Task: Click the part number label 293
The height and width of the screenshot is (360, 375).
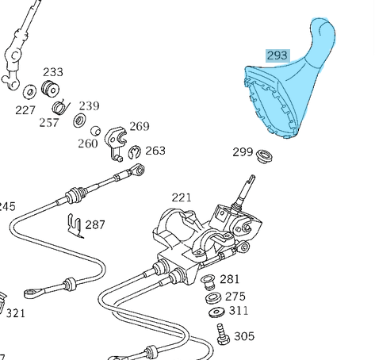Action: coord(277,56)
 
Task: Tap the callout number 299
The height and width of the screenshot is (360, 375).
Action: coord(243,152)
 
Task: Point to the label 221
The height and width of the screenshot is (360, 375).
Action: coord(182,197)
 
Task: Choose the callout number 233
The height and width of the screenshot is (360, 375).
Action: coord(53,72)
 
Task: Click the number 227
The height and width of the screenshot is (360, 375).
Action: coord(25,110)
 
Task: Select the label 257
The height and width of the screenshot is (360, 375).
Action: coord(49,122)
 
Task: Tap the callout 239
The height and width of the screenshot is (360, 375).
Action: coord(89,105)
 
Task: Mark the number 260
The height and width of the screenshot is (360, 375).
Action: coord(87,143)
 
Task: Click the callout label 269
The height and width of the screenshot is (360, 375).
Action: coord(139,126)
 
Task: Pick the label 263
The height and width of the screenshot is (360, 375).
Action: coord(155,150)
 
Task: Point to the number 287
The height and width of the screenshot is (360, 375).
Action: coord(95,224)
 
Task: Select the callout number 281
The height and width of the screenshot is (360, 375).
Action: coord(229,279)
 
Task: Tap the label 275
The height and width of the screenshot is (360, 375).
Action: coord(235,296)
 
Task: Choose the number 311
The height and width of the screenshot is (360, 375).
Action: coord(238,311)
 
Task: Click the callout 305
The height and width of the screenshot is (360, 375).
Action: coord(244,336)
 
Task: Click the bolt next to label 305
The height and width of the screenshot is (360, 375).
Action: coord(223,336)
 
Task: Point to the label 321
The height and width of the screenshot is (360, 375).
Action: coord(16,313)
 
